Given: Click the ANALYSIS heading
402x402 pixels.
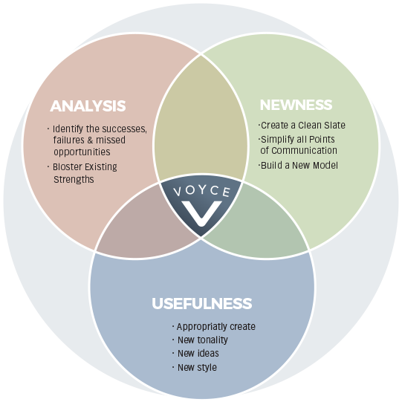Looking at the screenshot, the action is coord(88,106).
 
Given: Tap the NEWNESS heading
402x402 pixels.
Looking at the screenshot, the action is coord(296,105).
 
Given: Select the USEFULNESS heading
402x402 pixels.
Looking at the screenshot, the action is coord(202,303).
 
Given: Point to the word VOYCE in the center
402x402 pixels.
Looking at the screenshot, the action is coord(202,191).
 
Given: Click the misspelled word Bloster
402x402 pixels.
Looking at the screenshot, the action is coord(67,167).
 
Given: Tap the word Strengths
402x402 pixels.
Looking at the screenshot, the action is coord(74,179).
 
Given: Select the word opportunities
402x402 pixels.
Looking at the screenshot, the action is coord(82,152).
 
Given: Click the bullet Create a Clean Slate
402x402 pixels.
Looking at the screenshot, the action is coord(302,125).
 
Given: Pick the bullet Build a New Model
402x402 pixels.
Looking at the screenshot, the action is coord(298,166).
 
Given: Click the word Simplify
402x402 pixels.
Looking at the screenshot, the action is coord(277,140).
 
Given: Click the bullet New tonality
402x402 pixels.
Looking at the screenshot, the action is coord(200,340).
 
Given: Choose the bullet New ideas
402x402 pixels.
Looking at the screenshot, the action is coord(196,353).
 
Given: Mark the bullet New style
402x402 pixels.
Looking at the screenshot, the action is coord(195,367).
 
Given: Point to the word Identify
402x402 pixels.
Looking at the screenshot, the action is coord(68,129).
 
